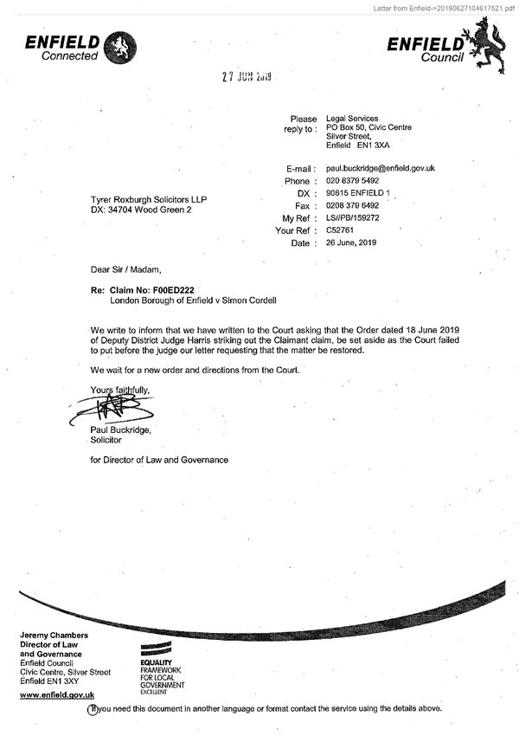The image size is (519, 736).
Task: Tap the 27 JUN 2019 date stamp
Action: click(x=247, y=77)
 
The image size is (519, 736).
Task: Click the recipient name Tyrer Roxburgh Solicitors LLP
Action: click(x=149, y=200)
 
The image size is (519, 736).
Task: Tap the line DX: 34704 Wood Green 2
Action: click(x=141, y=210)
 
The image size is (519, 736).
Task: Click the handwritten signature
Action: click(x=108, y=407)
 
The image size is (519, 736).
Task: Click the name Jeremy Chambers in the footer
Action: click(x=54, y=636)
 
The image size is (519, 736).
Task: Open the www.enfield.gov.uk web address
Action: click(x=56, y=695)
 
